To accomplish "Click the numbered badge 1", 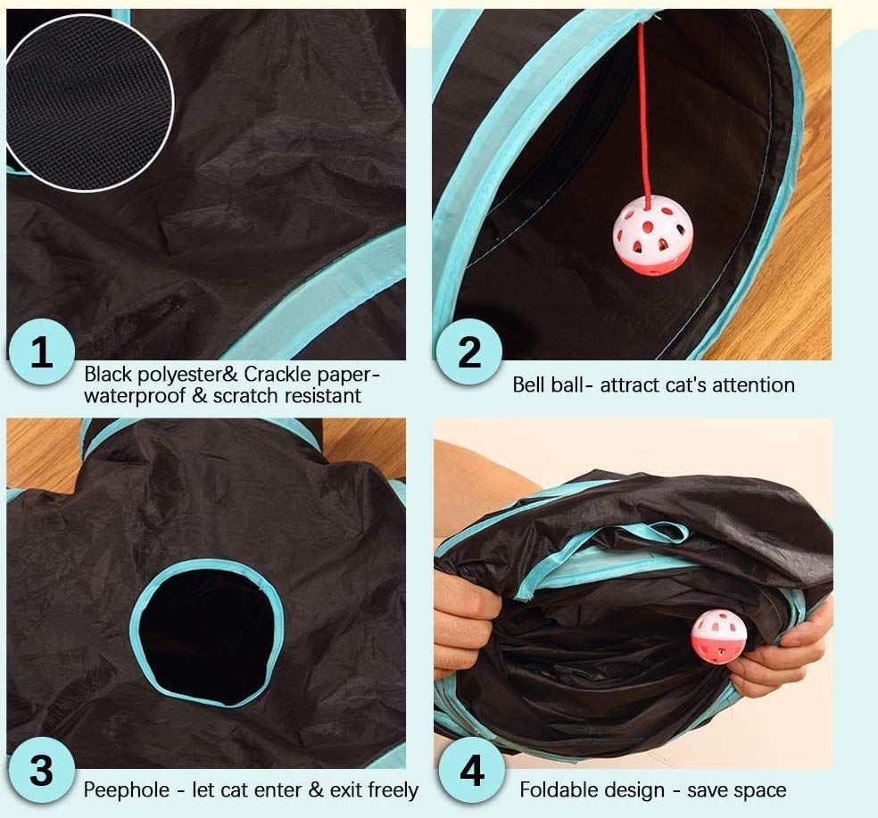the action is click(42, 351).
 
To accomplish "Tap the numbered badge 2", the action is click(468, 351).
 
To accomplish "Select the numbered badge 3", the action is click(41, 771).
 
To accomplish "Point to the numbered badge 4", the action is click(471, 771).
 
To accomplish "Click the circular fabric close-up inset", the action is click(88, 103).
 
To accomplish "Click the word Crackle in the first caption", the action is click(277, 374).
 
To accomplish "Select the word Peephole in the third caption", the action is click(127, 790).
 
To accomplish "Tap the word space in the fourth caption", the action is click(761, 791).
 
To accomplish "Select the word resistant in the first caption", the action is click(323, 396).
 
